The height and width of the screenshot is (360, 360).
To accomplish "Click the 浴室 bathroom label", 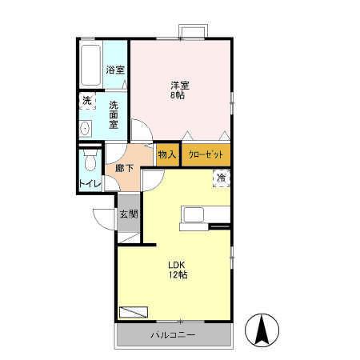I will click(115, 70).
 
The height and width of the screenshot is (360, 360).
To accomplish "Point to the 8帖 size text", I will click(178, 95).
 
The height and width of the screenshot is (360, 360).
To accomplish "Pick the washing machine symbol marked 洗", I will click(86, 102).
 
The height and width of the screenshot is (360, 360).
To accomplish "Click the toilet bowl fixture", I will click(90, 163).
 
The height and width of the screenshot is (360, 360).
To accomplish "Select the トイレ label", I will click(90, 184).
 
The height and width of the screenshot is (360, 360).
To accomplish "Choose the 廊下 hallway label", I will click(124, 169).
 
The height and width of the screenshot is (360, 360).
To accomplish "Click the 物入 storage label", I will click(166, 154).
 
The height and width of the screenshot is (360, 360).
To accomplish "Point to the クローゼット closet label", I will click(206, 154).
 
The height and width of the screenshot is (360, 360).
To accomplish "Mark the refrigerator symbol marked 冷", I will click(220, 178).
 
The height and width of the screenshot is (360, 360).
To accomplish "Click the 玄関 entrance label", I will click(128, 214).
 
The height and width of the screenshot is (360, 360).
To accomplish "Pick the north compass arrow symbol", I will click(262, 329).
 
